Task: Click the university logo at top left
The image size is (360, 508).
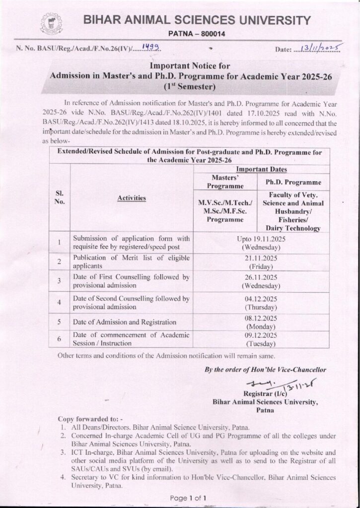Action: click(49, 23)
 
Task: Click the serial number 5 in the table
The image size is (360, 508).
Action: click(59, 322)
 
